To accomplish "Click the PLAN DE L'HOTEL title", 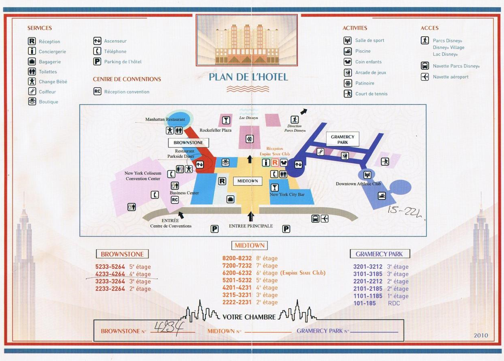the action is point(248,77).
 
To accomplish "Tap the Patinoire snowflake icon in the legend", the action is point(347,83).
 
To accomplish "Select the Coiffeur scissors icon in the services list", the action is point(32,91).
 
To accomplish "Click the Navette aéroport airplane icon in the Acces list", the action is point(425,77).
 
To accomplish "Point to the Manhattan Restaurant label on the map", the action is point(165,119).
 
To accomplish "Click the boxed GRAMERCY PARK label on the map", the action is point(343,140).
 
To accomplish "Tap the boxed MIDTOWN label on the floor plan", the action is point(247,181).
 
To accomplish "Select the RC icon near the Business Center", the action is point(175,200).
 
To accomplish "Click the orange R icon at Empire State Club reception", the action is point(275,163).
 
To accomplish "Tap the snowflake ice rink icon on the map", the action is point(249,139).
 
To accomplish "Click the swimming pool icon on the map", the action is point(382,196).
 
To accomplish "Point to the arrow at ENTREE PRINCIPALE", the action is point(251,217).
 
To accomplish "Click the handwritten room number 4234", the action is point(169,328).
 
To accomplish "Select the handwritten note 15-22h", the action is point(404,212).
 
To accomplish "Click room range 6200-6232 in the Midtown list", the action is point(237,273).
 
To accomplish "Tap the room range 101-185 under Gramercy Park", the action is point(364,303).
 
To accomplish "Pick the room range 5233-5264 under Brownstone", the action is point(110,267).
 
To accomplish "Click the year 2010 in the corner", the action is point(481,335).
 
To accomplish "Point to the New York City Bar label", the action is point(287,194).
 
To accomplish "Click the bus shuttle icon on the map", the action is point(315,218).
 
